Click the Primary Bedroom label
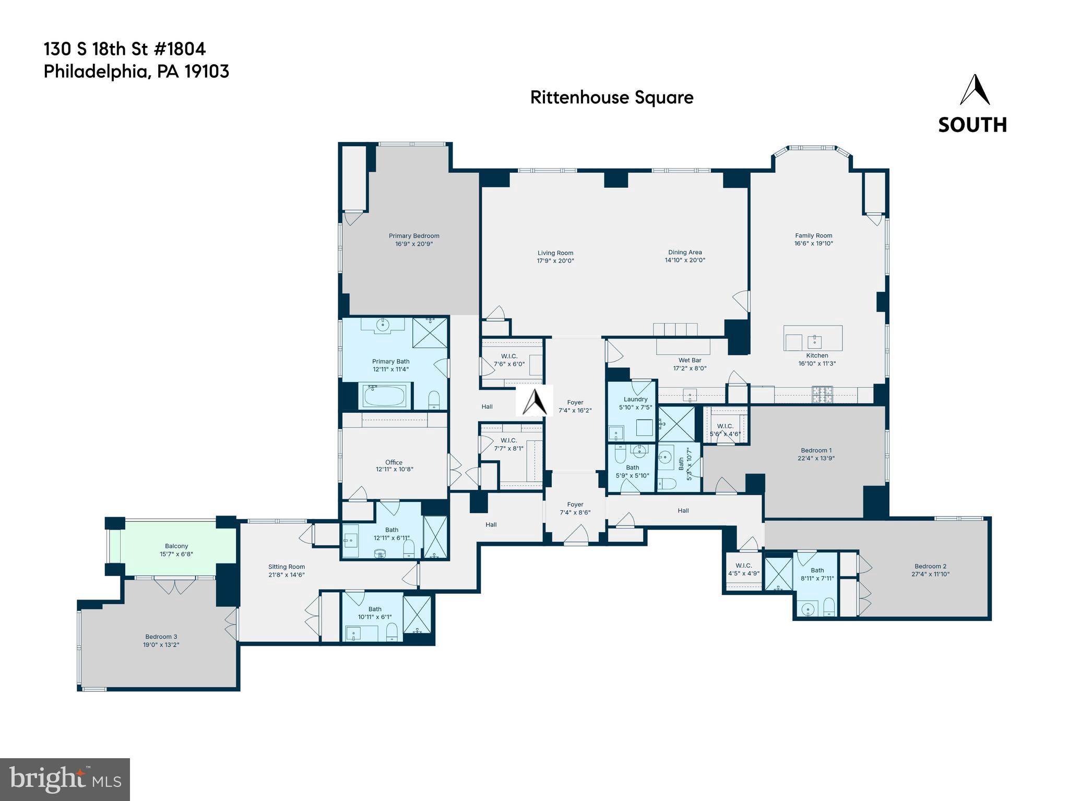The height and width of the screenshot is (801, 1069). click(414, 236)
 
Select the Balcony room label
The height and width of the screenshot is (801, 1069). click(176, 546)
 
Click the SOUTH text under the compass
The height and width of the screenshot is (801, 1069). click(972, 125)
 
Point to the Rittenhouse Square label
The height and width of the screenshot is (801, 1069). click(612, 98)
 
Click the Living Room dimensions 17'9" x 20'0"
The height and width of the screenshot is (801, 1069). click(555, 261)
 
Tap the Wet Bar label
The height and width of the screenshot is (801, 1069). click(690, 360)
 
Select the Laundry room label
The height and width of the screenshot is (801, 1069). click(635, 399)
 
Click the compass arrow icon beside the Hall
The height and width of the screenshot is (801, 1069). click(534, 401)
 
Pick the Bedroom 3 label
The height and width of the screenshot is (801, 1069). click(161, 637)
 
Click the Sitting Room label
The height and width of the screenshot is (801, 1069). click(287, 567)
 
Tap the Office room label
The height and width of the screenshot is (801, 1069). click(394, 462)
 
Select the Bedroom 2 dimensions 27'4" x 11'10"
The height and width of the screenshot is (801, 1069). click(930, 574)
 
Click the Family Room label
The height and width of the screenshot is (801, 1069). click(813, 235)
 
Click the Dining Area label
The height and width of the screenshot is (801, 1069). click(685, 252)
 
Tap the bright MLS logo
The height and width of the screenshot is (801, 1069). click(65, 780)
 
